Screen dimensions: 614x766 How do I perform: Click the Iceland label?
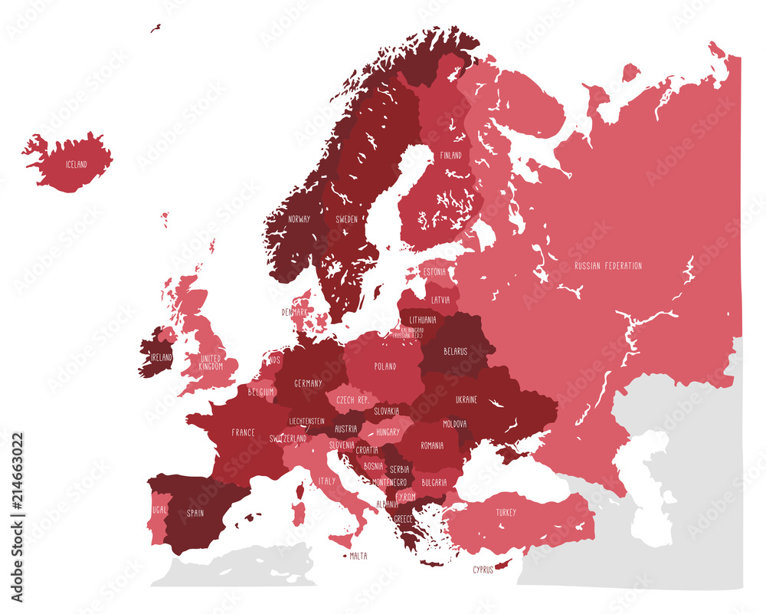[76, 164]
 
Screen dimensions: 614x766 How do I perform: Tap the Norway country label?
[299, 218]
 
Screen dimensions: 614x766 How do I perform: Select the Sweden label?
[346, 218]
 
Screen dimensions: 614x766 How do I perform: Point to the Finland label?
[450, 155]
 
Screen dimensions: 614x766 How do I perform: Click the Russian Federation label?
[608, 266]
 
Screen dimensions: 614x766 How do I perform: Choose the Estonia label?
[434, 271]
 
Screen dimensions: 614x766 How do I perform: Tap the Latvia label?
[440, 300]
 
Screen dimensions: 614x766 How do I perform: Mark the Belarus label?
[455, 351]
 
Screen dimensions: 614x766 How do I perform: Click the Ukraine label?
[466, 399]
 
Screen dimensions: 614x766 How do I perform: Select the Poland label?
[385, 366]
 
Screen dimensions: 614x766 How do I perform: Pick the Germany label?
[307, 383]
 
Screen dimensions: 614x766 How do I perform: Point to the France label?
[244, 432]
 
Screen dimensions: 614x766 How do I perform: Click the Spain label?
[195, 513]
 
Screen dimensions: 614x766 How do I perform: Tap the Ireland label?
[161, 357]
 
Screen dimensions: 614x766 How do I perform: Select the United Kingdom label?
[211, 362]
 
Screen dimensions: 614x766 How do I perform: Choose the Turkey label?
[506, 512]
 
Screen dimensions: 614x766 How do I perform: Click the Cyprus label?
[483, 570]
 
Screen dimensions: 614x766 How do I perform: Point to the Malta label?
[358, 556]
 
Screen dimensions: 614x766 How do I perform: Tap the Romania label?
[432, 445]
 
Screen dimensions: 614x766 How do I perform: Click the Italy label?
[327, 481]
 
